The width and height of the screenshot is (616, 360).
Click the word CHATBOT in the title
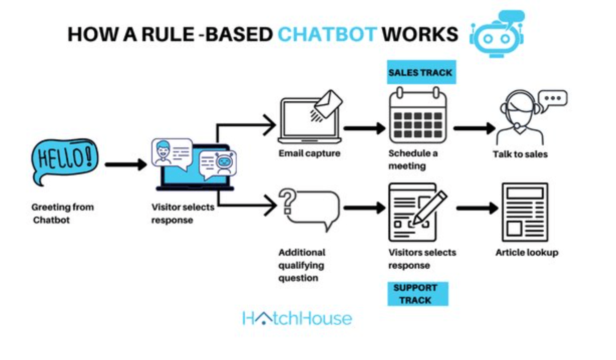tap(327, 34)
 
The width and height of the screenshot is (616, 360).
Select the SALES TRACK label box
tap(420, 73)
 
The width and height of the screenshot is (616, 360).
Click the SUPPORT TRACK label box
tap(417, 294)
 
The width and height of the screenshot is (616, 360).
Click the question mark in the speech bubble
tap(286, 199)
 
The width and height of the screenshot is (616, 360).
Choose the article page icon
tap(525, 213)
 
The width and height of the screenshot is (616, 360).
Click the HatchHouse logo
tap(297, 318)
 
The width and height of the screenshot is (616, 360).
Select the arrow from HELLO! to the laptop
tap(125, 163)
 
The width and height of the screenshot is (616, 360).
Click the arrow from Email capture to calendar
tap(365, 128)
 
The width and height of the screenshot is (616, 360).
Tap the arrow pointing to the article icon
tap(477, 208)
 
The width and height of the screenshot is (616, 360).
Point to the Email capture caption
tap(309, 153)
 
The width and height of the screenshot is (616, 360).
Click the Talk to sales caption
tap(520, 154)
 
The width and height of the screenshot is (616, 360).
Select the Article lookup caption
tap(526, 252)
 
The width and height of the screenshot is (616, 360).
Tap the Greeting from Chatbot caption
tap(62, 213)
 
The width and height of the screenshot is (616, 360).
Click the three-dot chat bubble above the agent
tap(553, 98)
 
